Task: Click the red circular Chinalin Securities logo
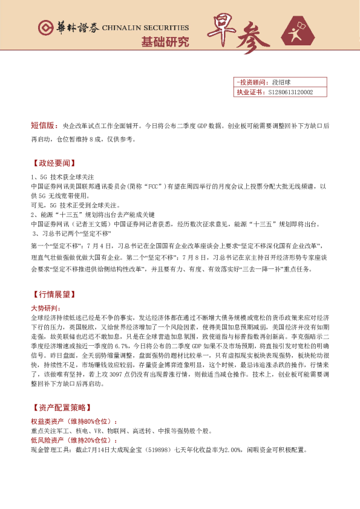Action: [x=43, y=28]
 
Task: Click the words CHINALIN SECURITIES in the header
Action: [x=145, y=28]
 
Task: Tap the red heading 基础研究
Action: [x=165, y=42]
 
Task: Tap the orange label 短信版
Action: [x=44, y=126]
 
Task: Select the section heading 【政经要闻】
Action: [x=51, y=163]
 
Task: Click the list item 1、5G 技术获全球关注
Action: [x=62, y=178]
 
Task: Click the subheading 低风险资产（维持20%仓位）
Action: [x=76, y=440]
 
